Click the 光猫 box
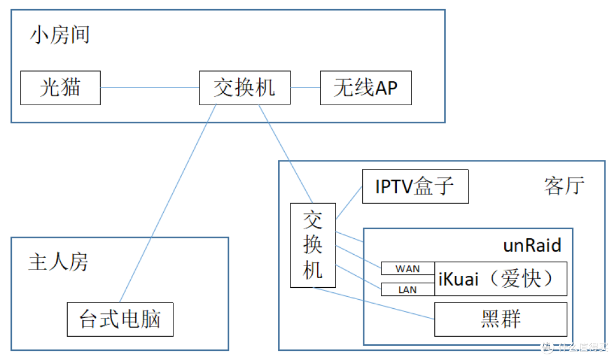point(60,88)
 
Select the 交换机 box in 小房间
point(244,88)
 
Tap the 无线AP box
point(366,88)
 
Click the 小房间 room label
point(60,35)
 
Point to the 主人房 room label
point(58,262)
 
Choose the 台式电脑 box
point(120,319)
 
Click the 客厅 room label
point(563,185)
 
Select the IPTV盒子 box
point(415,186)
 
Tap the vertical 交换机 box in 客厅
point(313,245)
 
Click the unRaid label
point(532,245)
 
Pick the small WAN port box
point(407,268)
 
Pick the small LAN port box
point(407,289)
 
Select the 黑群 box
point(501,319)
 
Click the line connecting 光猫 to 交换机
point(150,88)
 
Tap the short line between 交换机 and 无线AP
point(305,88)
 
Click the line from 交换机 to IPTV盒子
point(349,203)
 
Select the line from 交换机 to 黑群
point(375,304)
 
